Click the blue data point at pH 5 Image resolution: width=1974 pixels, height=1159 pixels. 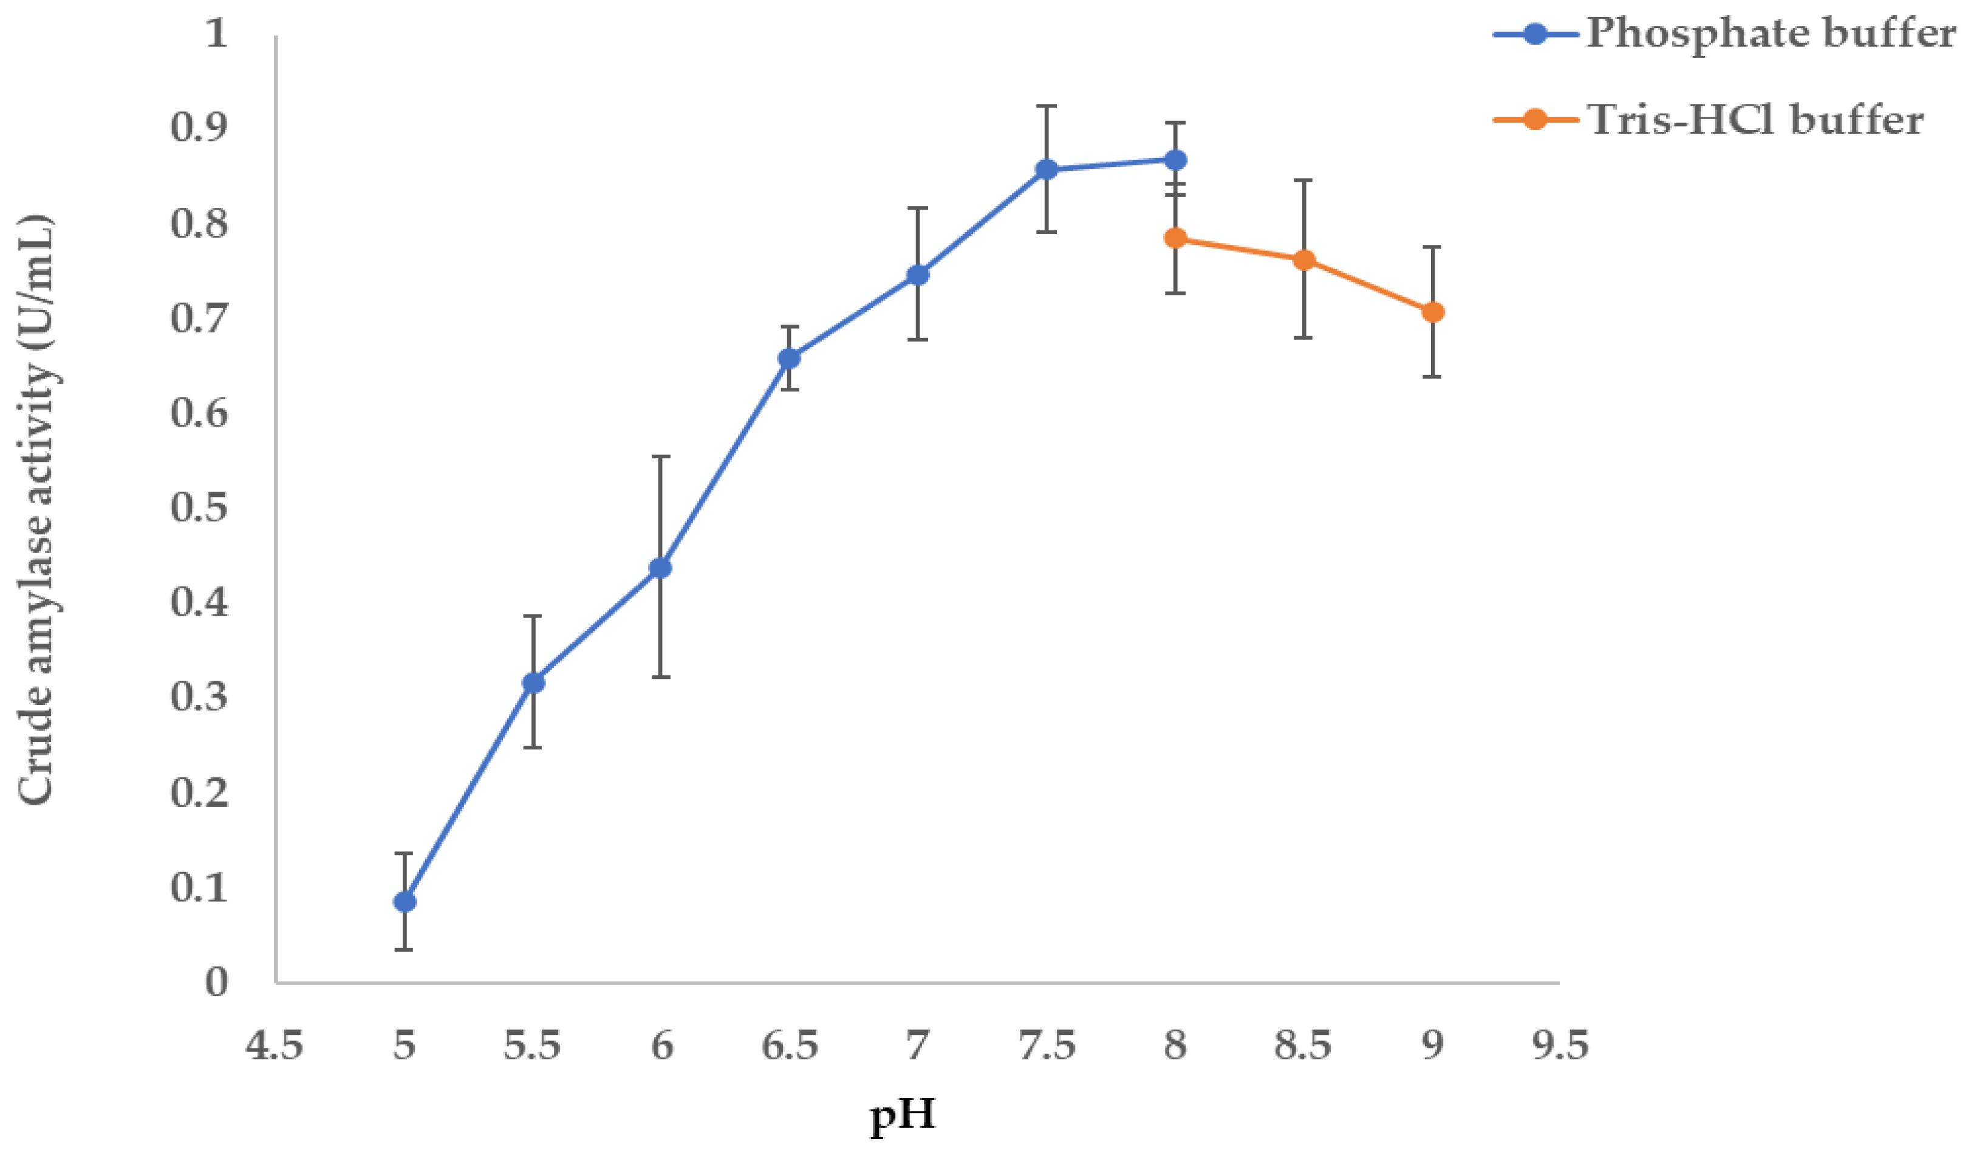pyautogui.click(x=404, y=902)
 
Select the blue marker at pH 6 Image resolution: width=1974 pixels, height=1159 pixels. pyautogui.click(x=661, y=568)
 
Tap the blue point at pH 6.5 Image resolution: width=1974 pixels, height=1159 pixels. pyautogui.click(x=790, y=358)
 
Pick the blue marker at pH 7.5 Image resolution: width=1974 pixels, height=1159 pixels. pyautogui.click(x=1047, y=170)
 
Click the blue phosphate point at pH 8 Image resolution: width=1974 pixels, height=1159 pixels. pyautogui.click(x=1175, y=160)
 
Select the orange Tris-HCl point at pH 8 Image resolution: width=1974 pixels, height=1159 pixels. pyautogui.click(x=1175, y=238)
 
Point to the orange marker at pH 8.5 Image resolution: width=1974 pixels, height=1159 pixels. pyautogui.click(x=1303, y=260)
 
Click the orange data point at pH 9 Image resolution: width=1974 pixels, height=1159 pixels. pyautogui.click(x=1433, y=312)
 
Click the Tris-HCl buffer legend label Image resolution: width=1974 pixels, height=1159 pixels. pyautogui.click(x=1755, y=120)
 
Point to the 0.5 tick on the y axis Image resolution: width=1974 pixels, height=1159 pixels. pyautogui.click(x=199, y=507)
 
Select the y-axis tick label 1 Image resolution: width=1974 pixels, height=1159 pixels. pyautogui.click(x=216, y=33)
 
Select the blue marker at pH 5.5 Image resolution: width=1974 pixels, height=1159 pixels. pyautogui.click(x=533, y=683)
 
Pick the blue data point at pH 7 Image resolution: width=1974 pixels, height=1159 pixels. pyautogui.click(x=918, y=274)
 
